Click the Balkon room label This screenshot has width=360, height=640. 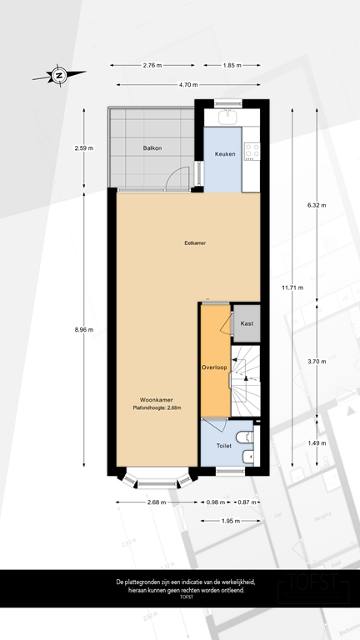tap(152, 148)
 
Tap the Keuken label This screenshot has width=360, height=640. tap(225, 154)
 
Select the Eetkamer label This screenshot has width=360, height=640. tap(195, 243)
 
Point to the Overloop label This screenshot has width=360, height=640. tap(215, 367)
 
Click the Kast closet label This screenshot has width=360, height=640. tap(247, 323)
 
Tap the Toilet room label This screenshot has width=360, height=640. tap(223, 446)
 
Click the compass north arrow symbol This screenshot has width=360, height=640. tap(59, 76)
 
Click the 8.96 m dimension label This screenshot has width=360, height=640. tap(84, 329)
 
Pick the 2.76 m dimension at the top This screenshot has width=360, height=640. tap(152, 65)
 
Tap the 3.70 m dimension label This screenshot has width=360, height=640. tap(317, 360)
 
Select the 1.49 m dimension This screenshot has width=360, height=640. tap(317, 443)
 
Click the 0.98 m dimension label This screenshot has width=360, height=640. tap(215, 502)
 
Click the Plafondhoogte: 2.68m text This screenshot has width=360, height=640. tap(157, 407)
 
